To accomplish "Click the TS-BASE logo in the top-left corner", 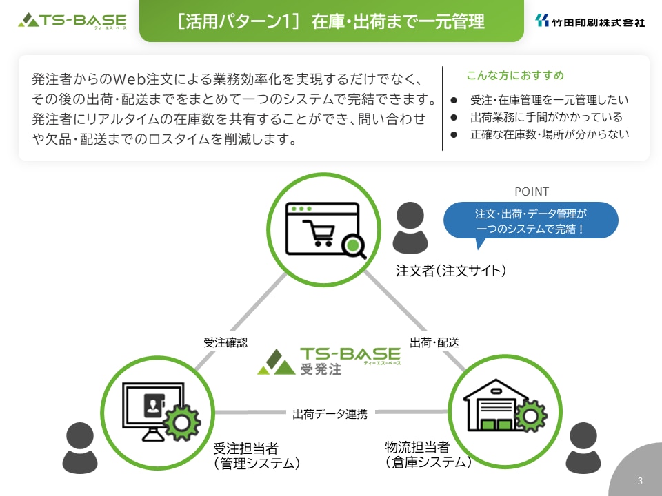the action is (x=72, y=21).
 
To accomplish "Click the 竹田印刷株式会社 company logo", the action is (x=590, y=21).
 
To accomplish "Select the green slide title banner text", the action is (x=331, y=21).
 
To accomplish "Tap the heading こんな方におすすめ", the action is (x=515, y=75).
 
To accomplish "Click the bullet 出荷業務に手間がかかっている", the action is (x=546, y=117).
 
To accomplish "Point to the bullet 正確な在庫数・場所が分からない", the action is (x=550, y=134).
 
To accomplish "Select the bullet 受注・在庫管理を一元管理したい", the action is (x=550, y=99).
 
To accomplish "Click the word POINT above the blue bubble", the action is (x=532, y=192).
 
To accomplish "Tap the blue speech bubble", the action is (x=531, y=220).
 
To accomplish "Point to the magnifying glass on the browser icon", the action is (x=353, y=247).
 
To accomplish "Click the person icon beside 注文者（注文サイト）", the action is (x=410, y=228).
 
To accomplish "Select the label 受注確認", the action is (x=225, y=342).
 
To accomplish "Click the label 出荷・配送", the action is (x=434, y=342).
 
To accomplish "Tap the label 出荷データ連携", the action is (x=330, y=414).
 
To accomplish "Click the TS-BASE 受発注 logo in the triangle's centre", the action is (x=329, y=362).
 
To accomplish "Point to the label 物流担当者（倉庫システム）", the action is (x=428, y=455).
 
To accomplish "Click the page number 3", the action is (x=640, y=481).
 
